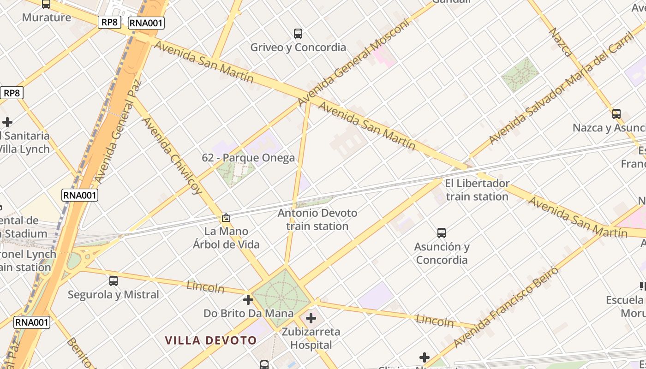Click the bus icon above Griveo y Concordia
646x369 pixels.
[298, 34]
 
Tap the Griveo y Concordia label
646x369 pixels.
[298, 48]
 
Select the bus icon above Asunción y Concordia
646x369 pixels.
[442, 233]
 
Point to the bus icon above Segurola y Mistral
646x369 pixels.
[114, 280]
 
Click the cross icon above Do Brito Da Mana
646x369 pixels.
[248, 300]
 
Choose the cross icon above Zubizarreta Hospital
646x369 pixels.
[311, 318]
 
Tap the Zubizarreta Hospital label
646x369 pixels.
[311, 338]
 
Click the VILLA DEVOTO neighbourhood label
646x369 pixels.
[211, 341]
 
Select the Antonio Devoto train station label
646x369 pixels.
[317, 220]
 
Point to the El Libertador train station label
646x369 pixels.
[477, 190]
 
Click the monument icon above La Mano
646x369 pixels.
[226, 218]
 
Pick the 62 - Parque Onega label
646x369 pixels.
[248, 158]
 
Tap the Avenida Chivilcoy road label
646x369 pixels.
[172, 155]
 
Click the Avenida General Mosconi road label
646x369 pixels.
[354, 62]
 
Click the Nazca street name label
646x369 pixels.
[560, 42]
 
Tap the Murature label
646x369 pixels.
[47, 18]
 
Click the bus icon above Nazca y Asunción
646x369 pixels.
[616, 114]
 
